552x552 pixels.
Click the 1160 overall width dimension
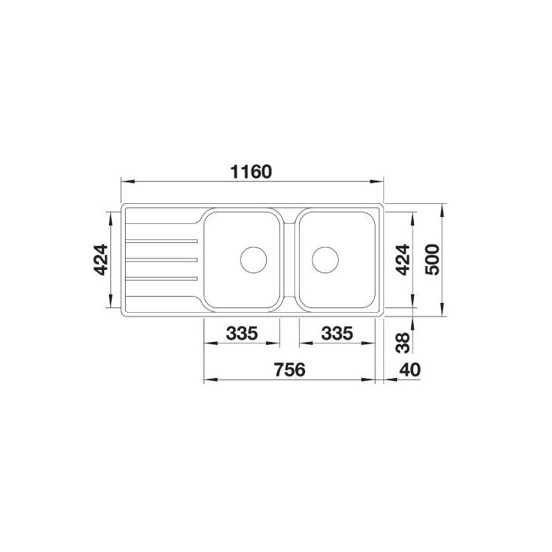[252, 171]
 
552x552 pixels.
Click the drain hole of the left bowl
[252, 259]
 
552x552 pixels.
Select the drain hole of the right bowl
[326, 259]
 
